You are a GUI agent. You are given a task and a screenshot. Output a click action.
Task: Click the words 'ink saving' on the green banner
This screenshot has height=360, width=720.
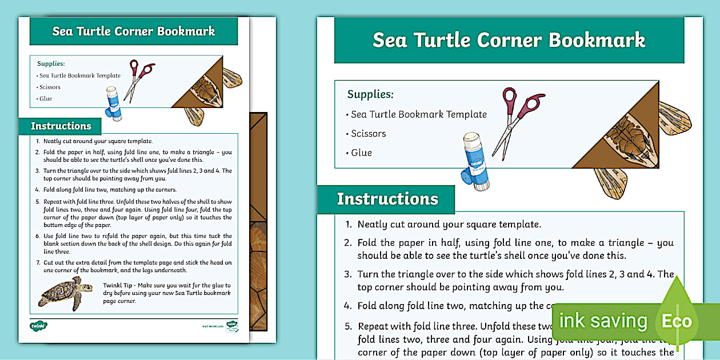pos(603,321)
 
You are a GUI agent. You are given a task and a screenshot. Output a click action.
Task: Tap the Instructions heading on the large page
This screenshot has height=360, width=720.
pos(387,199)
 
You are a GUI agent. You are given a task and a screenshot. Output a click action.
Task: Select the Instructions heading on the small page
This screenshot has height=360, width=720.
pos(61,126)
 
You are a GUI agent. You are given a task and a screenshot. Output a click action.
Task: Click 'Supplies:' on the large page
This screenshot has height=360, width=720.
pos(370,94)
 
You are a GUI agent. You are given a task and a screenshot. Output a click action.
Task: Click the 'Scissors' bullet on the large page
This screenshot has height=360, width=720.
pos(368,134)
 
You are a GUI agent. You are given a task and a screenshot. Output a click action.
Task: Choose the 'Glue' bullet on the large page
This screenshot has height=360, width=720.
pos(361,153)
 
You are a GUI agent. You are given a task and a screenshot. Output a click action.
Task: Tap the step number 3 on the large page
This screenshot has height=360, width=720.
pos(348,274)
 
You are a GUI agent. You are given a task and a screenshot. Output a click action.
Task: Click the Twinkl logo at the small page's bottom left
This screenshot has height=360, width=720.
pos(38,326)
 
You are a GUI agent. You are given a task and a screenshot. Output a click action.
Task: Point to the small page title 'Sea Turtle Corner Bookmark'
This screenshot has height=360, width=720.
pos(134,31)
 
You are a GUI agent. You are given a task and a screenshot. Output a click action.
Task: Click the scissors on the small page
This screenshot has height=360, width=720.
pos(139,78)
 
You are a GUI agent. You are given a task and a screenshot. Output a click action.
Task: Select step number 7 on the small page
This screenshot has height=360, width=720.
pos(37,262)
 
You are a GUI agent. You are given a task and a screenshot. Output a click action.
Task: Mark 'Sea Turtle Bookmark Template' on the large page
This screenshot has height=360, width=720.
pos(418,114)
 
